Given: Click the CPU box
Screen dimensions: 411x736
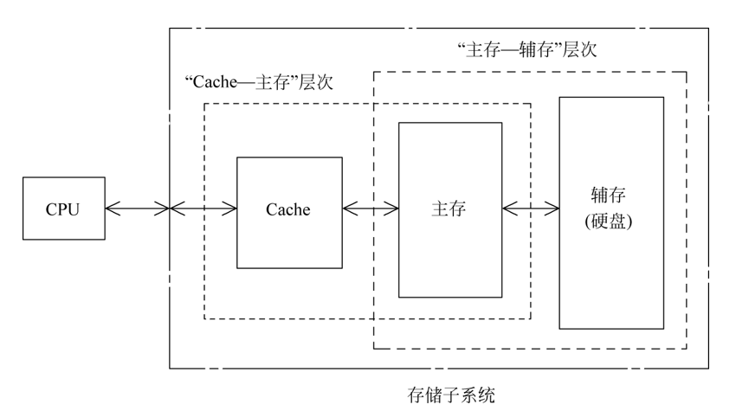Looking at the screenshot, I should [x=62, y=209].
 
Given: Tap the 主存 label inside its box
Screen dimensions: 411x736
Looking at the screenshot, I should [x=449, y=209].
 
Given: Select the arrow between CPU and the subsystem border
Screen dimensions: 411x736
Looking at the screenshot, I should [x=137, y=209].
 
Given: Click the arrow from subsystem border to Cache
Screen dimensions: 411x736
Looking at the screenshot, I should [x=204, y=209].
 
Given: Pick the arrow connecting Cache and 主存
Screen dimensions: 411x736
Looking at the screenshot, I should [x=370, y=209].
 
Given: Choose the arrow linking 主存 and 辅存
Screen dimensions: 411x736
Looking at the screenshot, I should [x=531, y=209].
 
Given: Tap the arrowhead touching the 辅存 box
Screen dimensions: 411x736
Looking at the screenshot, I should [x=554, y=209].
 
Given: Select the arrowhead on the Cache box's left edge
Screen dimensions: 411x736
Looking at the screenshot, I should [x=232, y=209].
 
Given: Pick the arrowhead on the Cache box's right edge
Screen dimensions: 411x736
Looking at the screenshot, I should [x=348, y=209].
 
